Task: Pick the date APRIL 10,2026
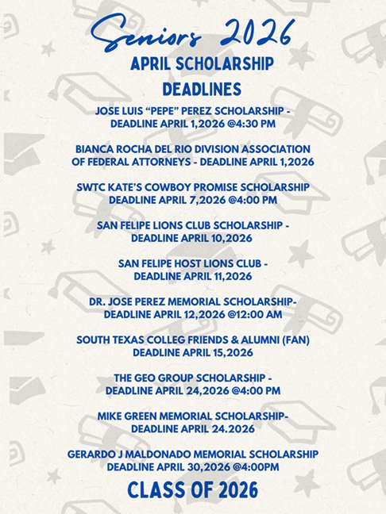pyautogui.click(x=214, y=237)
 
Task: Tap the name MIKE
pyautogui.click(x=112, y=416)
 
